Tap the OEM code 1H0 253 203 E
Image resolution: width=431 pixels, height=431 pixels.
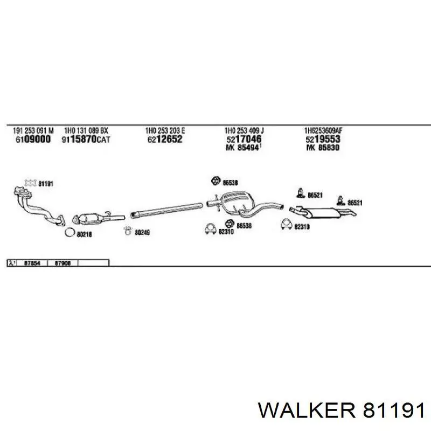165,130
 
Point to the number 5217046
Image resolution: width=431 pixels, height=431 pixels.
243,139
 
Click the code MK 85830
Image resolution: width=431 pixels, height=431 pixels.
323,147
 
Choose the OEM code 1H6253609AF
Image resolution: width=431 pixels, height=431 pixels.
324,130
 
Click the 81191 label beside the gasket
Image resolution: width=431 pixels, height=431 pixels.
46,184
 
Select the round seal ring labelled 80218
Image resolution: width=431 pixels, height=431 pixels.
68,233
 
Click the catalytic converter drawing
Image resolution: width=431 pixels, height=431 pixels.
93,218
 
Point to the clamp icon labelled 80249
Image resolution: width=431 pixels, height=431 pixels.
127,232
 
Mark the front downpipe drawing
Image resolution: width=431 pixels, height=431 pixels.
38,207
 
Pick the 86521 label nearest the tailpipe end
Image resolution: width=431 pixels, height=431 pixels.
355,203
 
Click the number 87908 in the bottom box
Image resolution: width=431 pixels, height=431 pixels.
62,263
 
